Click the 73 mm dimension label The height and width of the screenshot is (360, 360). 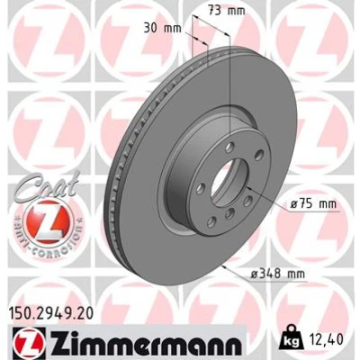tap(227, 11)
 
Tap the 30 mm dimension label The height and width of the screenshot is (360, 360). tap(163, 29)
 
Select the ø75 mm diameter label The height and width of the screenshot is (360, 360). tap(313, 204)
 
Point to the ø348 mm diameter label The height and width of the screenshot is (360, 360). tap(277, 274)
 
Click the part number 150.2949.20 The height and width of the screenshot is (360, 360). tap(51, 314)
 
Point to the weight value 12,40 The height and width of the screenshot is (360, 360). tap(325, 339)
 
